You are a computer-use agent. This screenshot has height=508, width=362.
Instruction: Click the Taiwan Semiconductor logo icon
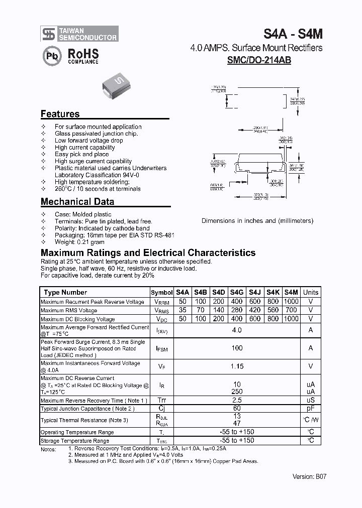pyautogui.click(x=48, y=34)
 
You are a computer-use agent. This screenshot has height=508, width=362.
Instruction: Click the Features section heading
pyautogui.click(x=60, y=114)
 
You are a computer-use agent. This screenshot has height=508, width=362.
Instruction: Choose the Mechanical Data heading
pyautogui.click(x=77, y=202)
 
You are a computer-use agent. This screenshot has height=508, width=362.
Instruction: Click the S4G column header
pyautogui.click(x=237, y=292)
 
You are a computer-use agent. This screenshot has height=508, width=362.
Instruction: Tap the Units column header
pyautogui.click(x=311, y=292)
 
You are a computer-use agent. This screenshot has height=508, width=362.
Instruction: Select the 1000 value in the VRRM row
pyautogui.click(x=291, y=302)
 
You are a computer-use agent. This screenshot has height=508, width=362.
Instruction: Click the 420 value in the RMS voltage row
pyautogui.click(x=255, y=311)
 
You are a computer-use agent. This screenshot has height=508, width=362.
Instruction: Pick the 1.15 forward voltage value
pyautogui.click(x=237, y=366)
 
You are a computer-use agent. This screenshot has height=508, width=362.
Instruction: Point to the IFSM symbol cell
pyautogui.click(x=161, y=348)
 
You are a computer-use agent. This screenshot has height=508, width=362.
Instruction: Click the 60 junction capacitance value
pyautogui.click(x=237, y=409)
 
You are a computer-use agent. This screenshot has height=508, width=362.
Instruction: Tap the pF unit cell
pyautogui.click(x=311, y=409)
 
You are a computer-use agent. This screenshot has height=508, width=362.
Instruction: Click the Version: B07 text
pyautogui.click(x=309, y=477)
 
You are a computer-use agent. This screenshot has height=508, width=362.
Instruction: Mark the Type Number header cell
pyautogui.click(x=65, y=292)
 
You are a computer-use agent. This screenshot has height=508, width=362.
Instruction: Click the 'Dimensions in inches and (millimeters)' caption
pyautogui.click(x=257, y=220)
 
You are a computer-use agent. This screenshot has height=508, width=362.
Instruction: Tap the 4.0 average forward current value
pyautogui.click(x=237, y=330)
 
